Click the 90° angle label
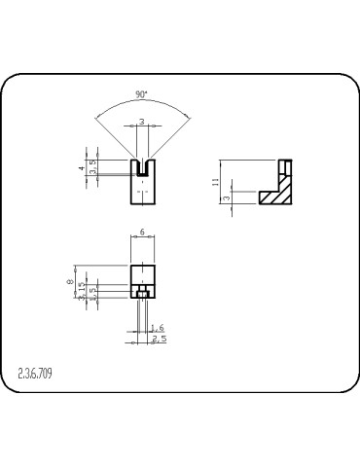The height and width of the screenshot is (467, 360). [142, 95]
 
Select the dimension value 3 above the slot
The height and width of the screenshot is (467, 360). [142, 122]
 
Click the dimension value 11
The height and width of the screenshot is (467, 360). [215, 182]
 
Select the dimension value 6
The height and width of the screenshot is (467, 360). [143, 233]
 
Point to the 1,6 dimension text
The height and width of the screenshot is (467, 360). [160, 329]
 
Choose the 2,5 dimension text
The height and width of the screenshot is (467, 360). [160, 339]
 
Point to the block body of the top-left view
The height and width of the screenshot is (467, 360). [143, 190]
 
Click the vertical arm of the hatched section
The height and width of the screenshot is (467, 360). [285, 175]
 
